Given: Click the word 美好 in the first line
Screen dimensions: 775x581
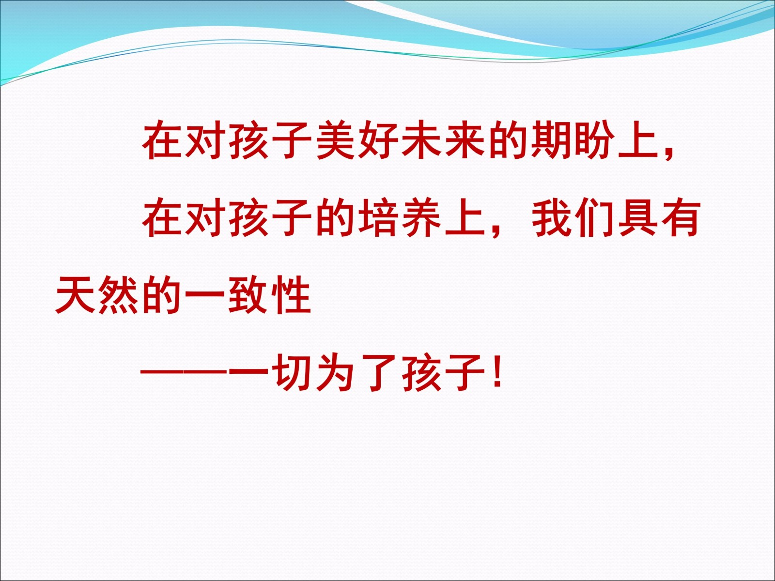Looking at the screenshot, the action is [357, 140].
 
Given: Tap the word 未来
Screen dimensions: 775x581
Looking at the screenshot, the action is [443, 140].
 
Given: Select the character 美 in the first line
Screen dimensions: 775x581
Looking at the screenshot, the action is [336, 140].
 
